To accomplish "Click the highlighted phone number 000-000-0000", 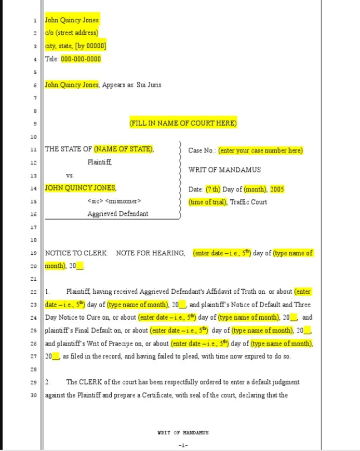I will point(81,59).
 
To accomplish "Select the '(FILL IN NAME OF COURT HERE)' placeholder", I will point(183,124).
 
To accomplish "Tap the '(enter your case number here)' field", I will point(261,151).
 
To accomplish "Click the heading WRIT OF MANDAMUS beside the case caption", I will point(224,170).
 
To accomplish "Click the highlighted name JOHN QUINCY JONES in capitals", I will point(81,188).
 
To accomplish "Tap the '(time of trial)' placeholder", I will point(207,202).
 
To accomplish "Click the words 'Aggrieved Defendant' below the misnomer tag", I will point(117,214).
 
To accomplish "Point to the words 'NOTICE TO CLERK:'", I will point(77,253).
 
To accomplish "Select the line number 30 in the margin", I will point(34,395).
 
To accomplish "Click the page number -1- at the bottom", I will point(183,445).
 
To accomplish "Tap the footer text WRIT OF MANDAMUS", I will point(183,432).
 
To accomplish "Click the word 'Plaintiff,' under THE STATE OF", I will point(100,162).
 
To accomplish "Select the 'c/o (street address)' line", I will point(71,33).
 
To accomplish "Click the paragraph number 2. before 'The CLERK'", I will point(47,382).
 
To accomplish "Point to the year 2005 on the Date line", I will point(277,189).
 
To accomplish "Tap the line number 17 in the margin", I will point(34,227).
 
